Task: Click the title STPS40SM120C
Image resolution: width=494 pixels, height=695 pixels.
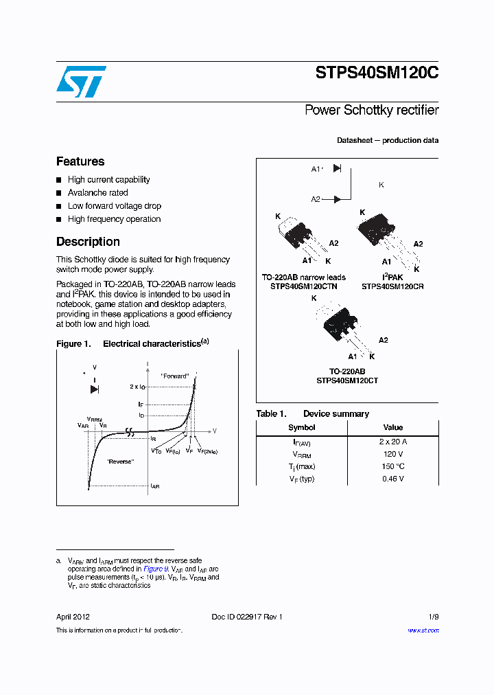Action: coord(377,73)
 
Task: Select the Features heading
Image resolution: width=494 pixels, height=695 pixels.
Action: coord(80,161)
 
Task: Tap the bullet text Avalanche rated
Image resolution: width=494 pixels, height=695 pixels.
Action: coord(97,193)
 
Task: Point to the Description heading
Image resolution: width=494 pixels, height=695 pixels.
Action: coord(88,242)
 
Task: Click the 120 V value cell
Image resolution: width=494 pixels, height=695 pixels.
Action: coord(392,454)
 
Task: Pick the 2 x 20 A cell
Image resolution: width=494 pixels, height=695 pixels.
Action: coord(392,442)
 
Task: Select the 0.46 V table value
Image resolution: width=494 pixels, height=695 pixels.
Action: coord(392,479)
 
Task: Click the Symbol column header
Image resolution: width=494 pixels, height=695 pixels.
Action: coord(301,427)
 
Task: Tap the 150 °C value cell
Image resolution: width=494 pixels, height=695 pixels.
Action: coord(392,466)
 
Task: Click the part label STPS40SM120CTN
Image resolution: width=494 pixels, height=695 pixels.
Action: coord(303,286)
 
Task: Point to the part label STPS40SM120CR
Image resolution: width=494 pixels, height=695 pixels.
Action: coord(392,286)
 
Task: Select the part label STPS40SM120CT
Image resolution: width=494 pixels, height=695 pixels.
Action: coord(347,380)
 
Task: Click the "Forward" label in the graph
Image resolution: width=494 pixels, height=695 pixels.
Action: coord(174,376)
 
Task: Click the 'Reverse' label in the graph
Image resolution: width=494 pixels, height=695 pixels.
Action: coord(120,462)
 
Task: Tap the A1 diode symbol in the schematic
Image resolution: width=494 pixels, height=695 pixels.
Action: coord(337,168)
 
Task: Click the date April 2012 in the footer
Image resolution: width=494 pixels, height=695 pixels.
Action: coord(73,617)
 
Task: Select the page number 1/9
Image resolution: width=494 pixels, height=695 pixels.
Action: coord(433,617)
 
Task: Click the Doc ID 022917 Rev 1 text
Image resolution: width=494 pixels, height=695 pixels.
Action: coord(246,617)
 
